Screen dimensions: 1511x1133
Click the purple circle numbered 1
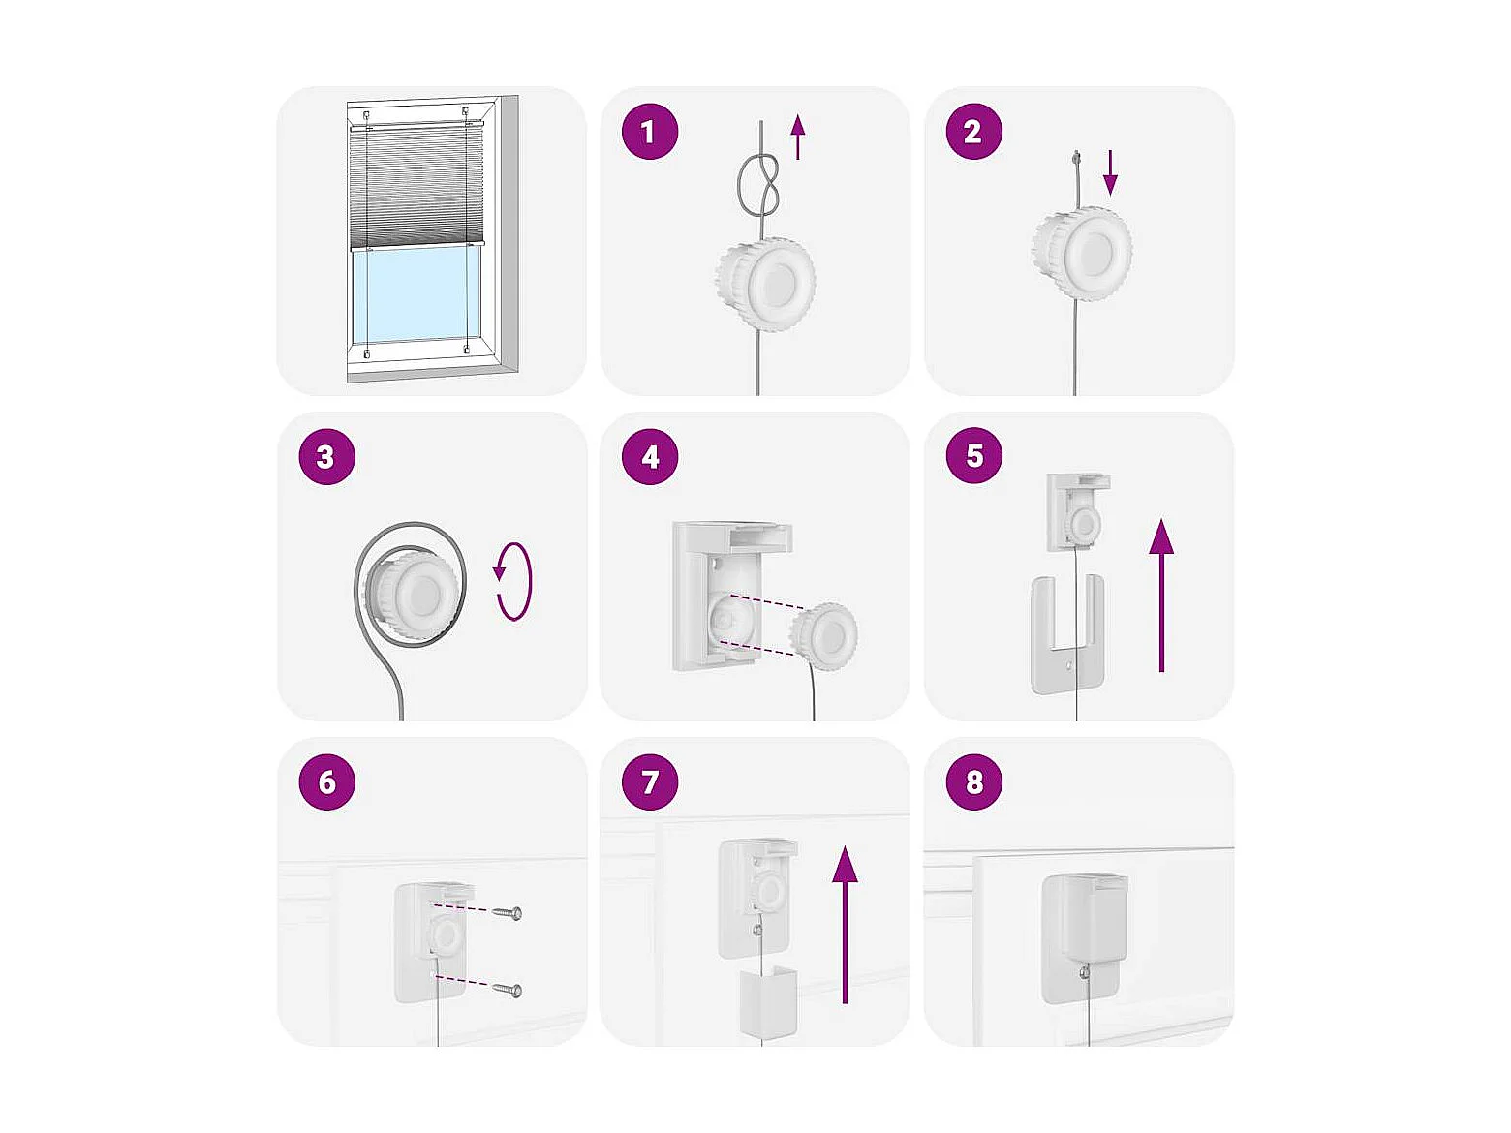(649, 132)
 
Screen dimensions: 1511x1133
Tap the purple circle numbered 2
(974, 132)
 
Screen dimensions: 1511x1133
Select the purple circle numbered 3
(327, 456)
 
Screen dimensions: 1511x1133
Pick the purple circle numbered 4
(649, 456)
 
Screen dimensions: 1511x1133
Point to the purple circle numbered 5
(974, 455)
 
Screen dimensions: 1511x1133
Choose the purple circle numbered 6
(327, 781)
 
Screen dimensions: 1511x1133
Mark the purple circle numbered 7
(649, 781)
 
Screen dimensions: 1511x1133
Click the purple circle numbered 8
(974, 781)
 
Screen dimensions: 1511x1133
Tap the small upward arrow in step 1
(797, 137)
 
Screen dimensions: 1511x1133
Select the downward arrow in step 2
(1110, 172)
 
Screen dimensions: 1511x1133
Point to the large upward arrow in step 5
(1161, 595)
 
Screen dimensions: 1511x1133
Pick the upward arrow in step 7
(845, 925)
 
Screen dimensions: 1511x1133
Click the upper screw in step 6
(509, 913)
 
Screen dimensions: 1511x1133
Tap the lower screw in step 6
(509, 990)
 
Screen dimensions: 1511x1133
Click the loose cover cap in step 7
(768, 1001)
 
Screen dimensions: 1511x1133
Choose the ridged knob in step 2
(1082, 253)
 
